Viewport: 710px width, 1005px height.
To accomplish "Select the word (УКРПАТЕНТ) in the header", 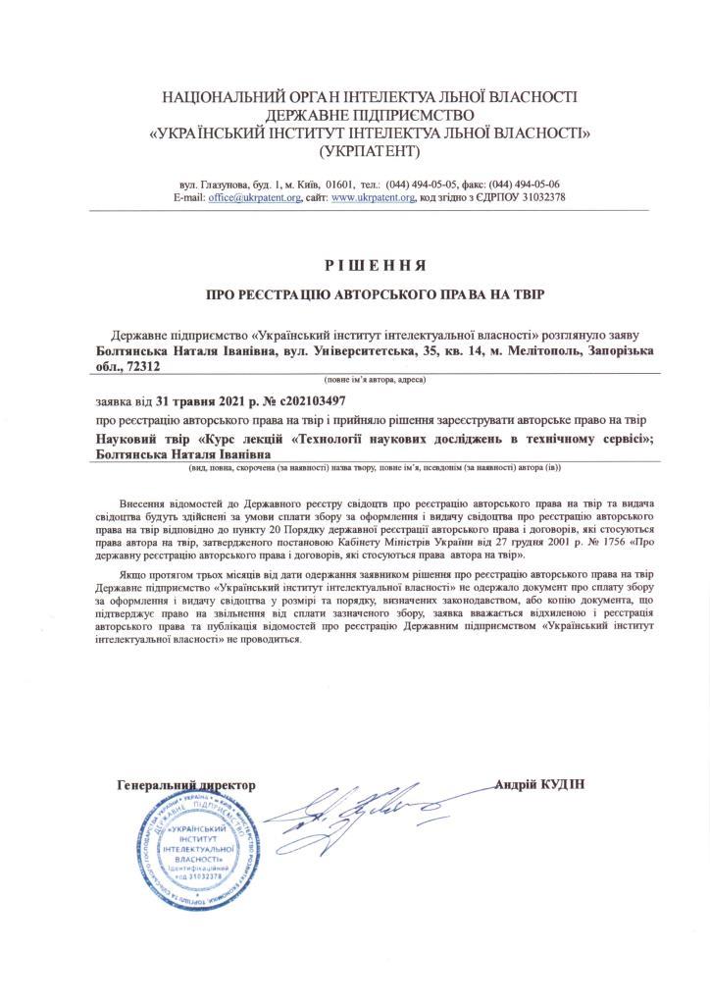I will (x=369, y=151).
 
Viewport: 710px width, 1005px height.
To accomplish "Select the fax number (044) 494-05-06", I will (x=517, y=184).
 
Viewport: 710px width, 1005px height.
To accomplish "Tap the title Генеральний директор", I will (x=185, y=785).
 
